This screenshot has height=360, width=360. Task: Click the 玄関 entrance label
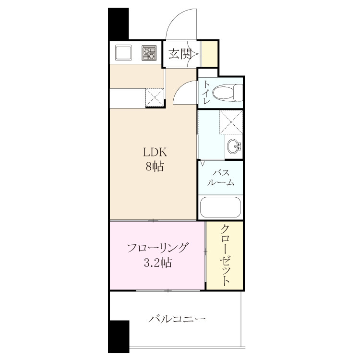[x=180, y=54]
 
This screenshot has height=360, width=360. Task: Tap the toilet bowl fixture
[x=228, y=93]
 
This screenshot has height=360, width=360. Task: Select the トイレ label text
[x=206, y=92]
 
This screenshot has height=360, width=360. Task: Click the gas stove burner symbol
[x=149, y=53]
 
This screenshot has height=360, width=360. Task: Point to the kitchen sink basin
[x=123, y=53]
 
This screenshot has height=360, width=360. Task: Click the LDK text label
[x=155, y=152]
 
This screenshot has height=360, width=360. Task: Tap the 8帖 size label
[x=155, y=166]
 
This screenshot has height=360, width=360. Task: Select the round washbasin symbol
[x=234, y=146]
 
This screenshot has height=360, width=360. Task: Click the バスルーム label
[x=221, y=178]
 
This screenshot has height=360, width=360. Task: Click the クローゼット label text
[x=225, y=255]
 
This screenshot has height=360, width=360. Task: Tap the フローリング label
[x=157, y=248]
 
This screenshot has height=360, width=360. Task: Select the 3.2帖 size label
[x=158, y=263]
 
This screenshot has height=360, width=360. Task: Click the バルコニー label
[x=177, y=319]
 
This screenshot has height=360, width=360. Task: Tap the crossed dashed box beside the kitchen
[x=155, y=97]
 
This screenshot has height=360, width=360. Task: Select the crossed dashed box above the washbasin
[x=231, y=122]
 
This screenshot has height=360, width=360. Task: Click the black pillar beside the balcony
[x=119, y=336]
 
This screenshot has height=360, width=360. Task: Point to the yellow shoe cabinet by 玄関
[x=210, y=53]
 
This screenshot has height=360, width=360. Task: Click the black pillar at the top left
[x=118, y=24]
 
